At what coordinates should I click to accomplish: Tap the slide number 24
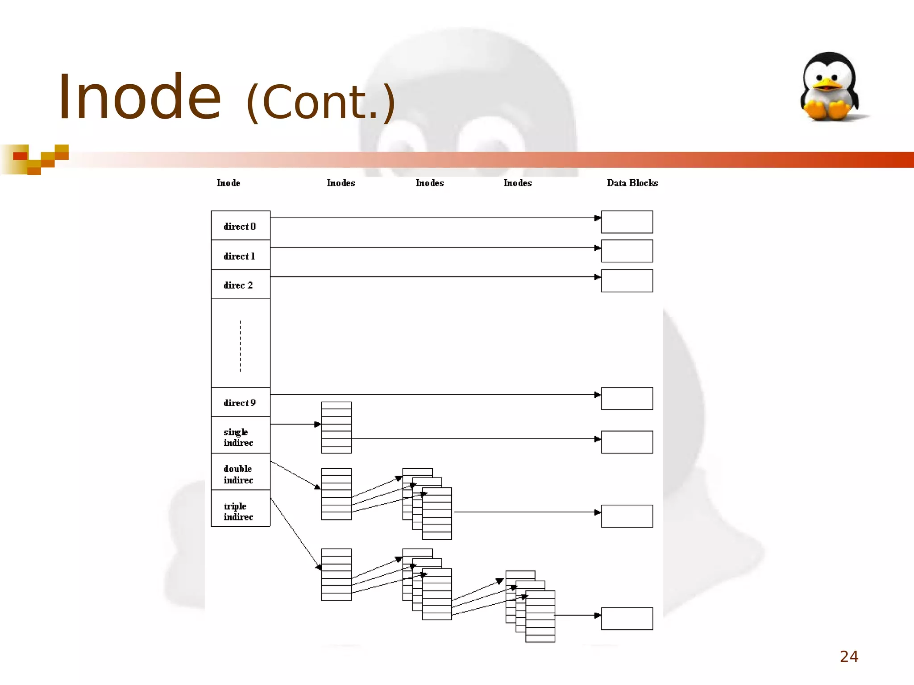849,656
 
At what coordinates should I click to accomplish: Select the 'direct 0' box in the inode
240,226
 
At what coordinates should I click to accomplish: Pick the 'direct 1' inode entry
240,256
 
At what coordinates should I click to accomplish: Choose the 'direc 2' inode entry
240,285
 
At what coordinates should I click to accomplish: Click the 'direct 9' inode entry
240,402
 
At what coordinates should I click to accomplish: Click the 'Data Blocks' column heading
632,183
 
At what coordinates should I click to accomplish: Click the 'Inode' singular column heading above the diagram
228,183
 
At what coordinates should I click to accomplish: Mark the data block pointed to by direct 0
627,222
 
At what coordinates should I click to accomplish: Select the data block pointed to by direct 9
627,399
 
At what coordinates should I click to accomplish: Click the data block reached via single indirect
627,442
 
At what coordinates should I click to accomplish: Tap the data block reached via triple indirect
627,619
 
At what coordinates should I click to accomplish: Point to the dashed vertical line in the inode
241,346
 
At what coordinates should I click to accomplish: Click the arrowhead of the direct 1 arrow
598,248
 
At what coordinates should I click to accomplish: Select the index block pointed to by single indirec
336,428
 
